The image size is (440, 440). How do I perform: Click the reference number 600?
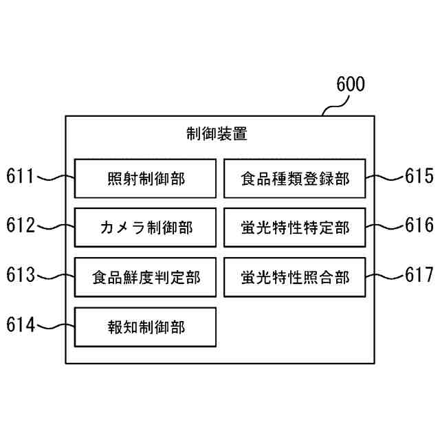click(x=351, y=85)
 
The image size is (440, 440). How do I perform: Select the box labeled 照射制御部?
click(x=146, y=179)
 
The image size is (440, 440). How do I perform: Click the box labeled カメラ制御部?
click(x=146, y=228)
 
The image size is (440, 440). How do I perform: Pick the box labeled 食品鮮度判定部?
click(x=146, y=277)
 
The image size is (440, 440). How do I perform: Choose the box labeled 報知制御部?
click(x=146, y=327)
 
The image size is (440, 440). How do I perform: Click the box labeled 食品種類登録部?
click(x=294, y=179)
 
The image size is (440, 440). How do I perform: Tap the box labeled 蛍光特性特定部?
click(x=294, y=228)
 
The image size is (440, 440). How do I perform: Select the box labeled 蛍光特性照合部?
click(x=294, y=277)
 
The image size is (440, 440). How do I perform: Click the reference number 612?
click(x=21, y=225)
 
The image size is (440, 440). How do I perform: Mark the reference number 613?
click(x=21, y=275)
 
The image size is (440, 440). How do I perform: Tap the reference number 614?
click(x=21, y=324)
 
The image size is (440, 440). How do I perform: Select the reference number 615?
click(x=419, y=177)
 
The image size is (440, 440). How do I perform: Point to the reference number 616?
click(x=419, y=225)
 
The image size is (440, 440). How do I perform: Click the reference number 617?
click(x=419, y=275)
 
